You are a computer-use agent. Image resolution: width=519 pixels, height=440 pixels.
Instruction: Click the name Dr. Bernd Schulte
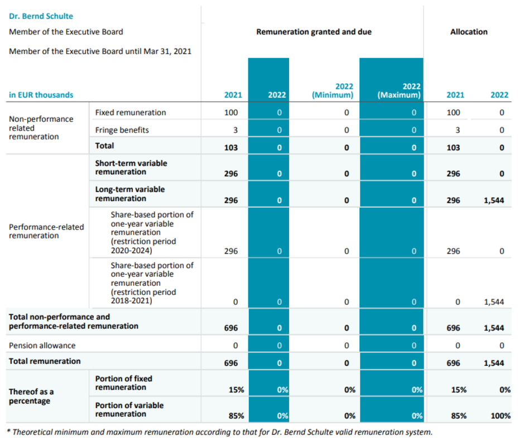click(x=41, y=16)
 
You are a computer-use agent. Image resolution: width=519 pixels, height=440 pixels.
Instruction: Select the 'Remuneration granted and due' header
click(x=314, y=32)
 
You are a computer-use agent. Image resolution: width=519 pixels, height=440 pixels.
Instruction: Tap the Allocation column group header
click(x=469, y=32)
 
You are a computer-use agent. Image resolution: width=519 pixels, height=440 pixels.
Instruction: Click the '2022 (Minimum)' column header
click(x=333, y=90)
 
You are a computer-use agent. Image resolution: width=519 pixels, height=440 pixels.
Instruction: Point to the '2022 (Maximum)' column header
click(x=399, y=90)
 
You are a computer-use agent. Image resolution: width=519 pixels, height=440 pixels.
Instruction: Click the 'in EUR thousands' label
click(x=41, y=95)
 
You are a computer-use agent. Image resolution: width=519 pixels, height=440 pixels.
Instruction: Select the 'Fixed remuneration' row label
click(x=131, y=113)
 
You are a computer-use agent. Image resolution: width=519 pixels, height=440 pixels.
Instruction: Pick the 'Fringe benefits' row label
click(x=122, y=130)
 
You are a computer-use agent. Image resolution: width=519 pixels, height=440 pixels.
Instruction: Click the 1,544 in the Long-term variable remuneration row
click(x=494, y=200)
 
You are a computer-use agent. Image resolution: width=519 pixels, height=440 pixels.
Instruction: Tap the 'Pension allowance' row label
click(x=42, y=346)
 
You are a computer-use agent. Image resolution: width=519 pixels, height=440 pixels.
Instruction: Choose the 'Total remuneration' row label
click(x=45, y=361)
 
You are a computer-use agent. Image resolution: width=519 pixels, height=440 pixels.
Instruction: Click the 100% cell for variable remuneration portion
click(x=501, y=416)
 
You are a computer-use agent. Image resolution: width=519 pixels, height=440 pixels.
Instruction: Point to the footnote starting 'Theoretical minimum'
click(x=220, y=432)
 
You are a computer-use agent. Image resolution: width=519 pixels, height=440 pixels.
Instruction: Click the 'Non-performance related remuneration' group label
click(x=41, y=128)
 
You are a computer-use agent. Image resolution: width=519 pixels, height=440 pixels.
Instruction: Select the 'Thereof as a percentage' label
click(x=31, y=396)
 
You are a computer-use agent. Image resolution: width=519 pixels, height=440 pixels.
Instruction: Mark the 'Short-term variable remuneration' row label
click(x=131, y=168)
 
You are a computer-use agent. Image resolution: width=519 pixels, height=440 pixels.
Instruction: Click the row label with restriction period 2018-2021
click(x=152, y=283)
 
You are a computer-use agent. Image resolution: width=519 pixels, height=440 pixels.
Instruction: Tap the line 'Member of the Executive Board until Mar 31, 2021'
click(x=100, y=51)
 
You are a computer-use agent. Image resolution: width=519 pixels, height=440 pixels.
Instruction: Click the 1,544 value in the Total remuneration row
click(x=494, y=363)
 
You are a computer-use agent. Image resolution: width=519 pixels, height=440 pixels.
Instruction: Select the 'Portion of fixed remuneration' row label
click(x=124, y=383)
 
